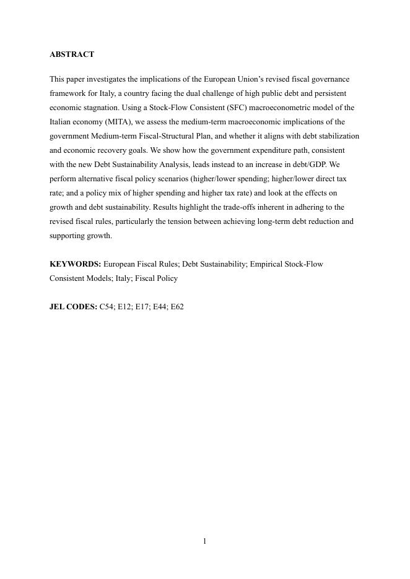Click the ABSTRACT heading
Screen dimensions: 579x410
point(72,54)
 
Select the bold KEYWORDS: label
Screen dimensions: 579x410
point(75,264)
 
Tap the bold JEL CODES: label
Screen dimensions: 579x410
point(73,306)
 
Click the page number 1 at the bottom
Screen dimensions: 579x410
point(204,541)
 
